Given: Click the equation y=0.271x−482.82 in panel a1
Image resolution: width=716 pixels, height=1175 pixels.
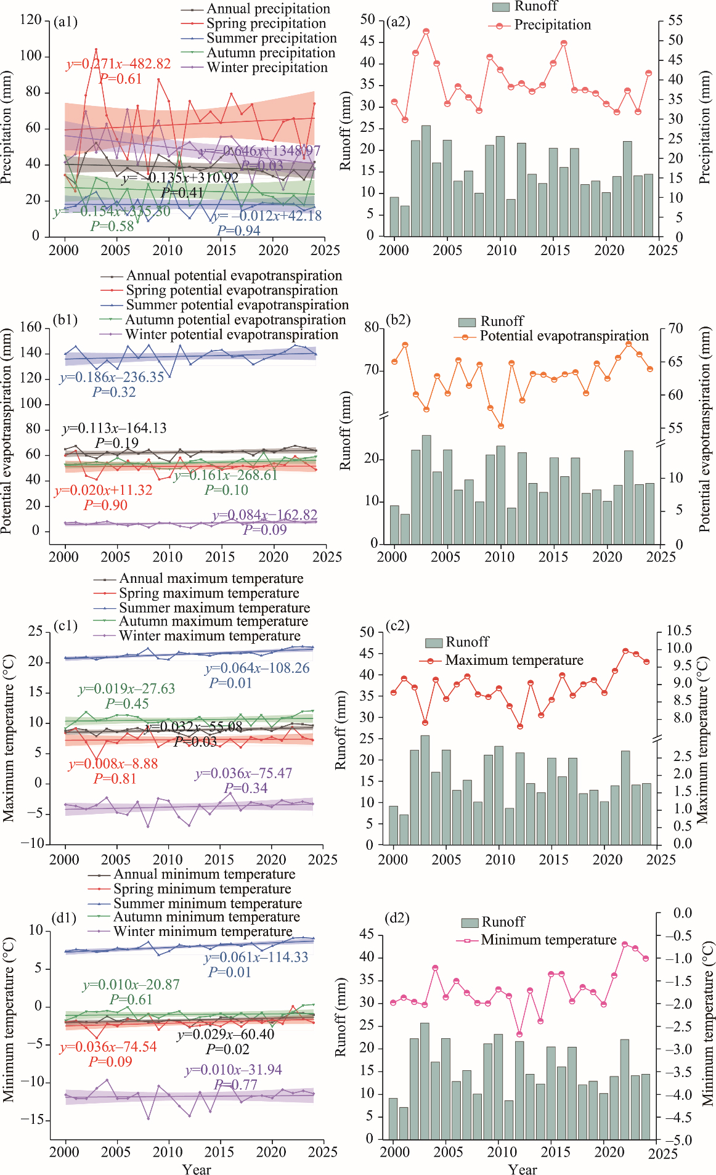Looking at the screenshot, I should (x=118, y=64).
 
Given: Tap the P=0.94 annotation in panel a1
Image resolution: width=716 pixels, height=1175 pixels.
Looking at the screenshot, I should (x=238, y=230).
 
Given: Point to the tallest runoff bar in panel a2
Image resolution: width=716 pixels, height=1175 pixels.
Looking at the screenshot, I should (x=426, y=181).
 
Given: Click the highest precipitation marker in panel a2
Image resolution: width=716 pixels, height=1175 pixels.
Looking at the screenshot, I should (x=426, y=31).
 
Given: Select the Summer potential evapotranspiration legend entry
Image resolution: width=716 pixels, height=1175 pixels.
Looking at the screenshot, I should (x=237, y=305).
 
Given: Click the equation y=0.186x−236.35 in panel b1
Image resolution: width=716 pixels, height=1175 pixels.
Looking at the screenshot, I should (x=112, y=377).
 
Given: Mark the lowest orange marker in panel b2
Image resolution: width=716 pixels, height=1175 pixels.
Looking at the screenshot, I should (x=501, y=426).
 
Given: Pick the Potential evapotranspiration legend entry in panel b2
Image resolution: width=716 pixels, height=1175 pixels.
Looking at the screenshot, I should (x=564, y=336).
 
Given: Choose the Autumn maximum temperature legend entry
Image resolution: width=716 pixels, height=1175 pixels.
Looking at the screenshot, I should (x=213, y=621).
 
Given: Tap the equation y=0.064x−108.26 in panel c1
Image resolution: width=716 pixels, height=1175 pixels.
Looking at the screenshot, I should (x=258, y=669).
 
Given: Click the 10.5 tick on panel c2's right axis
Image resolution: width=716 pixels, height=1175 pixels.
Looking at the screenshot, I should (x=678, y=630).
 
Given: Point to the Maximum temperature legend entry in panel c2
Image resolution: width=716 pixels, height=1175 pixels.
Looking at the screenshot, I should (x=514, y=661).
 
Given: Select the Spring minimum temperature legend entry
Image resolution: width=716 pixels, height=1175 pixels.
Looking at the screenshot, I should (x=202, y=889).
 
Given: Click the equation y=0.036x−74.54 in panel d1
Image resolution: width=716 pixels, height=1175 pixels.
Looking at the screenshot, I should (x=108, y=1047).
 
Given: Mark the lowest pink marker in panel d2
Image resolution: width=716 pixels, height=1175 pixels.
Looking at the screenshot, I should (x=519, y=1034).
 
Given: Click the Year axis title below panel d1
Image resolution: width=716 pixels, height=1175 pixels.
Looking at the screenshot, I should (x=197, y=1169).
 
